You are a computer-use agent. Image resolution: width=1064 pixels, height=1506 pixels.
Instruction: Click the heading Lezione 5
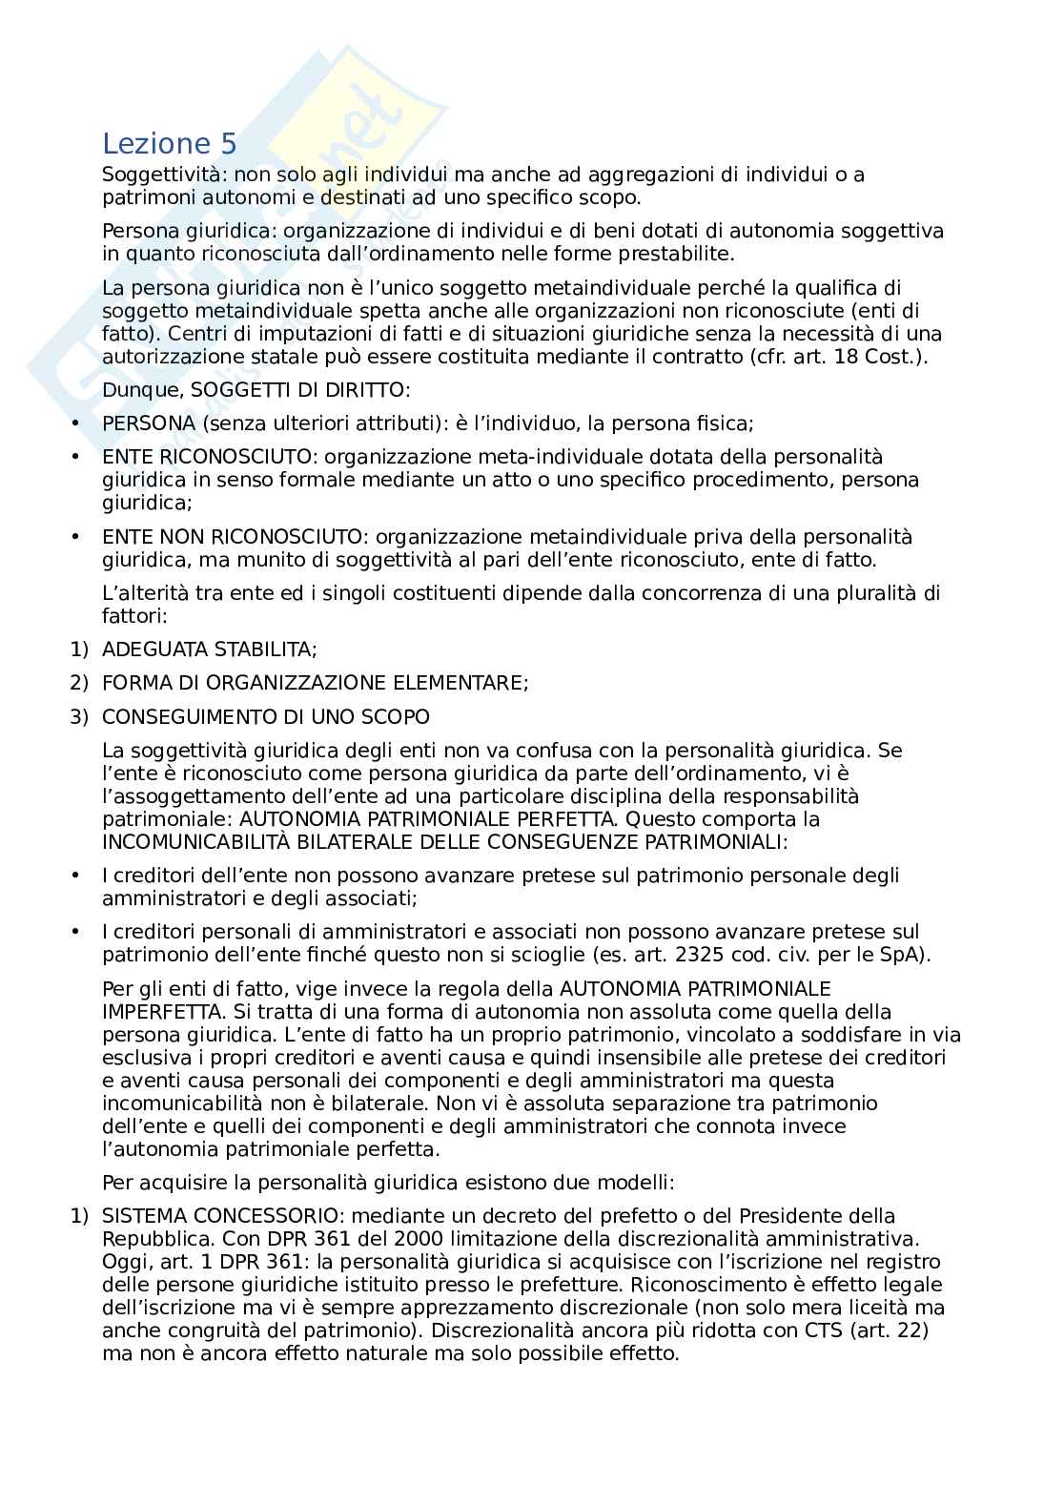click(169, 144)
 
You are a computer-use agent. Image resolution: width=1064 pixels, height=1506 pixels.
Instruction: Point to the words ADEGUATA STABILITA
click(209, 650)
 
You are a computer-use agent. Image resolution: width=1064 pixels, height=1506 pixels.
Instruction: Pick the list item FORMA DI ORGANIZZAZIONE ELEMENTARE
click(315, 683)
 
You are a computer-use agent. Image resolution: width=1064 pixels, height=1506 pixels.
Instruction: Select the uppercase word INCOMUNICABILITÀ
click(202, 842)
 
